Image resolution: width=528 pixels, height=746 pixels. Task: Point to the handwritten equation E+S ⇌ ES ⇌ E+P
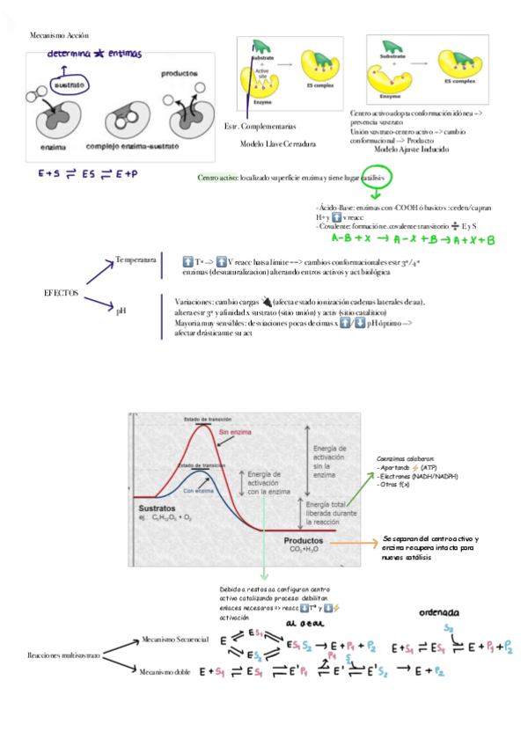[x=88, y=174]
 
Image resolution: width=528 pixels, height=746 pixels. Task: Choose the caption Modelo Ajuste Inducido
[x=411, y=150]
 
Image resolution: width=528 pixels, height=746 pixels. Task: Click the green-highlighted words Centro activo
[x=217, y=178]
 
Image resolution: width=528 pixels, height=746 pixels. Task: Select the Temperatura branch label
[x=136, y=260]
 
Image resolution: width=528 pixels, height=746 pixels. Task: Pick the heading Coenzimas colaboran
[x=405, y=458]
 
